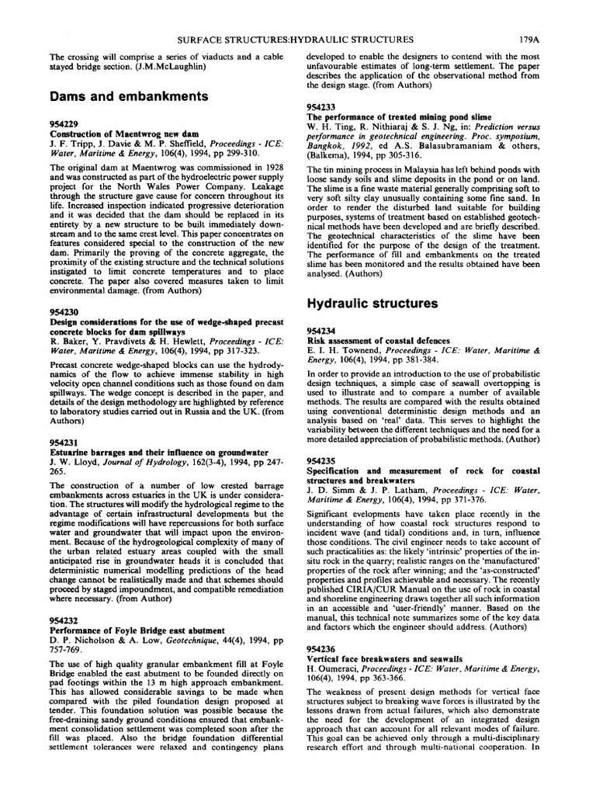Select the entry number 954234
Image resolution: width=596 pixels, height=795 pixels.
[323, 330]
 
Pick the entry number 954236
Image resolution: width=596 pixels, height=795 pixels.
[323, 648]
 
